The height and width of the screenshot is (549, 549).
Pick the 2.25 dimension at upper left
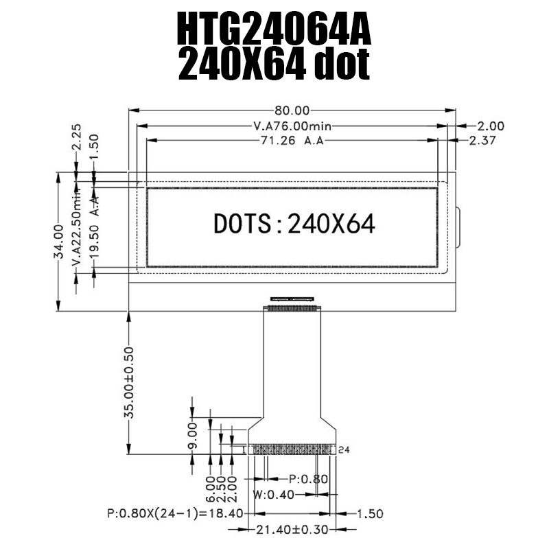tap(77, 137)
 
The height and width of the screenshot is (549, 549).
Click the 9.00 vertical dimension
tap(193, 434)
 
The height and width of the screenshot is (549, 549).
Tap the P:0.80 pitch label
tap(307, 479)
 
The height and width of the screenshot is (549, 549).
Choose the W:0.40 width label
tap(272, 494)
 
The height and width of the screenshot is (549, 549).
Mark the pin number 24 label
tap(344, 449)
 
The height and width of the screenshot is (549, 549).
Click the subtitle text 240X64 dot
tap(274, 67)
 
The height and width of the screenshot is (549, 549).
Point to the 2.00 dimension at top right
tap(491, 126)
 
